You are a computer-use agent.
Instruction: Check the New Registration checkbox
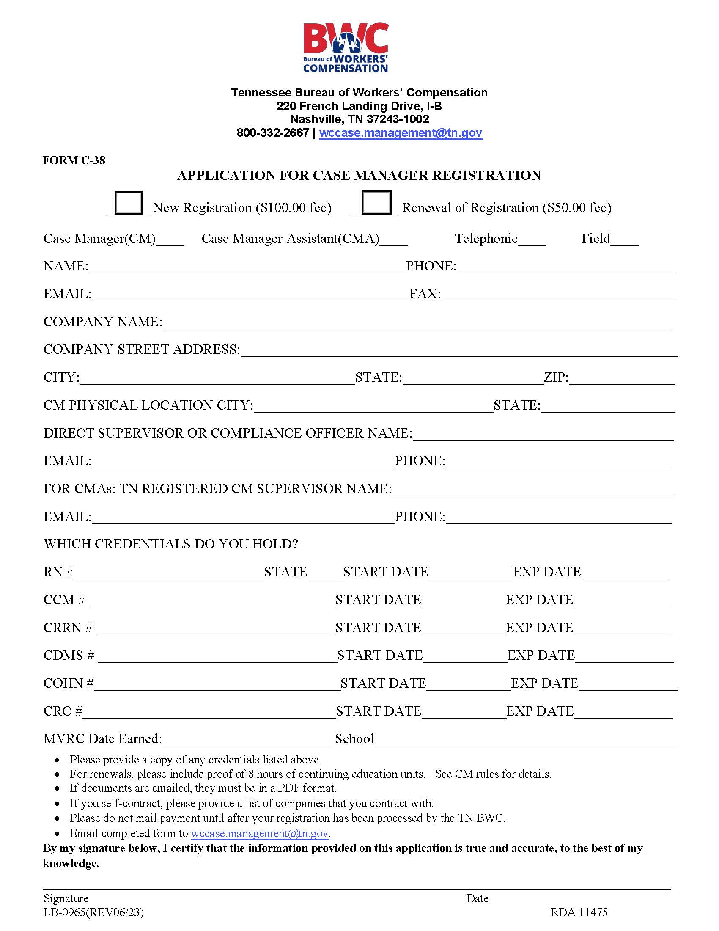click(x=128, y=202)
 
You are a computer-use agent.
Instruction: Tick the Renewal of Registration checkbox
click(x=376, y=202)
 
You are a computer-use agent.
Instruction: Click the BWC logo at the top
click(x=346, y=48)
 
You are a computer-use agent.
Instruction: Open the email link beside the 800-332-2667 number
click(x=401, y=133)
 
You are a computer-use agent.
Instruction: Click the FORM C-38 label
click(x=74, y=160)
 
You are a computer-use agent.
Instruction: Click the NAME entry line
click(x=247, y=268)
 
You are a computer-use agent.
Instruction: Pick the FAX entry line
click(x=557, y=296)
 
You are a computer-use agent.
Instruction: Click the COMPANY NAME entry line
click(x=416, y=324)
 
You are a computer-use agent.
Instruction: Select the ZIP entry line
click(x=621, y=380)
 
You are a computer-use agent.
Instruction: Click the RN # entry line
click(x=169, y=574)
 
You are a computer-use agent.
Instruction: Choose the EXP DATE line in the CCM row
click(x=623, y=602)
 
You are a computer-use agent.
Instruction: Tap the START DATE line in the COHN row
click(x=468, y=686)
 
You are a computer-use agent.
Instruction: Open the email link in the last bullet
click(x=259, y=833)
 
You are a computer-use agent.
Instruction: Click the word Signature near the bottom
click(x=66, y=898)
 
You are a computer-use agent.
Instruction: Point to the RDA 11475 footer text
click(x=579, y=912)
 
